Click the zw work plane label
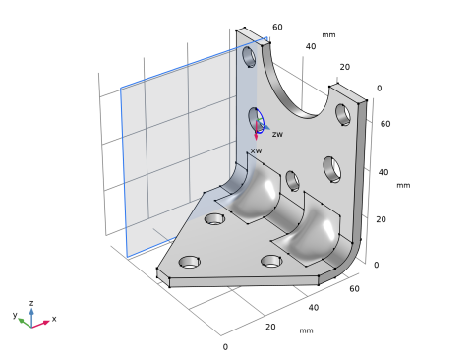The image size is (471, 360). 277,134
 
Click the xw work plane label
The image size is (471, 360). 256,150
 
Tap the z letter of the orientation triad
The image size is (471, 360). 31,303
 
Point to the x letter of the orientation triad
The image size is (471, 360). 54,319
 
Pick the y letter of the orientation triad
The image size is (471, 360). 15,315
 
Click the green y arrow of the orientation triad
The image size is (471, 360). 25,323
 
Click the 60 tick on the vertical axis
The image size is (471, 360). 385,124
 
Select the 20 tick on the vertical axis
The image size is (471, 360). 381,219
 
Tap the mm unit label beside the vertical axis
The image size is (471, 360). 403,185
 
